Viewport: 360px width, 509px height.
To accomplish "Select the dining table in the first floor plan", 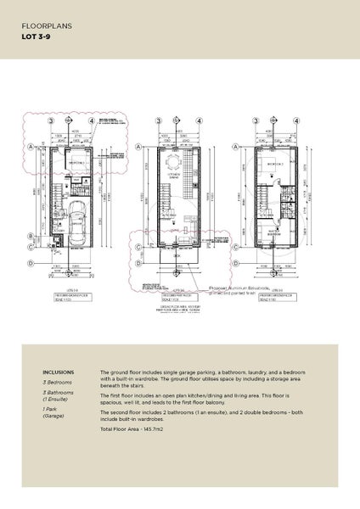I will point(174,163).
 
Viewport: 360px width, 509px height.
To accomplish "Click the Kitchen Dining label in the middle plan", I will point(175,176).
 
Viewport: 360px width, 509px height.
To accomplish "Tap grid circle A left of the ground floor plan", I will point(31,147).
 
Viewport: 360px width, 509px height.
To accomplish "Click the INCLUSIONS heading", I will point(58,372).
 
